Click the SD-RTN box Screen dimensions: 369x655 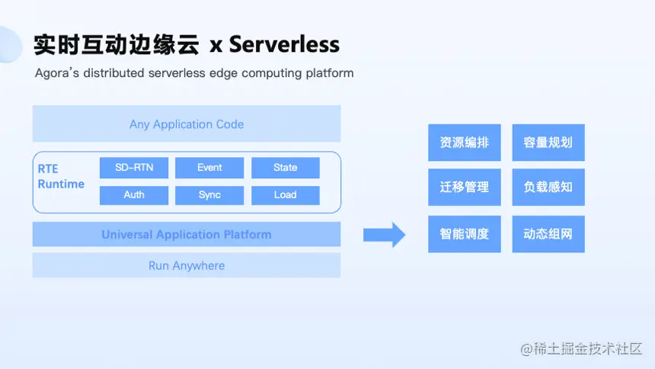pyautogui.click(x=134, y=168)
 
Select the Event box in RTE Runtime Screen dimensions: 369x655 pyautogui.click(x=209, y=168)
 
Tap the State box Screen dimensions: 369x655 pyautogui.click(x=286, y=168)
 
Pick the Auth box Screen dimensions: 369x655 pyautogui.click(x=134, y=195)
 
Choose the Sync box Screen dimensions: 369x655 pyautogui.click(x=209, y=195)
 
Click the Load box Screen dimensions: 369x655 pyautogui.click(x=286, y=195)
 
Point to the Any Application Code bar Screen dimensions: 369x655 pyautogui.click(x=187, y=124)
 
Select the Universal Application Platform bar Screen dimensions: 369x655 pyautogui.click(x=187, y=235)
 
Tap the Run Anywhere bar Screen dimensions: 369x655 pyautogui.click(x=187, y=266)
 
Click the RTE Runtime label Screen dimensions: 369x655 pyautogui.click(x=60, y=177)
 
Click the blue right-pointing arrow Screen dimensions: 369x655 pyautogui.click(x=384, y=235)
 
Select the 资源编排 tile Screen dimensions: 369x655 pyautogui.click(x=465, y=143)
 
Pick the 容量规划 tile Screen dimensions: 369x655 pyautogui.click(x=548, y=143)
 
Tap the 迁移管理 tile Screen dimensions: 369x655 pyautogui.click(x=465, y=187)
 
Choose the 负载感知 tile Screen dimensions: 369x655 pyautogui.click(x=548, y=187)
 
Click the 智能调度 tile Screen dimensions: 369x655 pyautogui.click(x=465, y=234)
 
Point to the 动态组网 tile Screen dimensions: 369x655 pyautogui.click(x=548, y=234)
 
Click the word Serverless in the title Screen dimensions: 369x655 pyautogui.click(x=284, y=44)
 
